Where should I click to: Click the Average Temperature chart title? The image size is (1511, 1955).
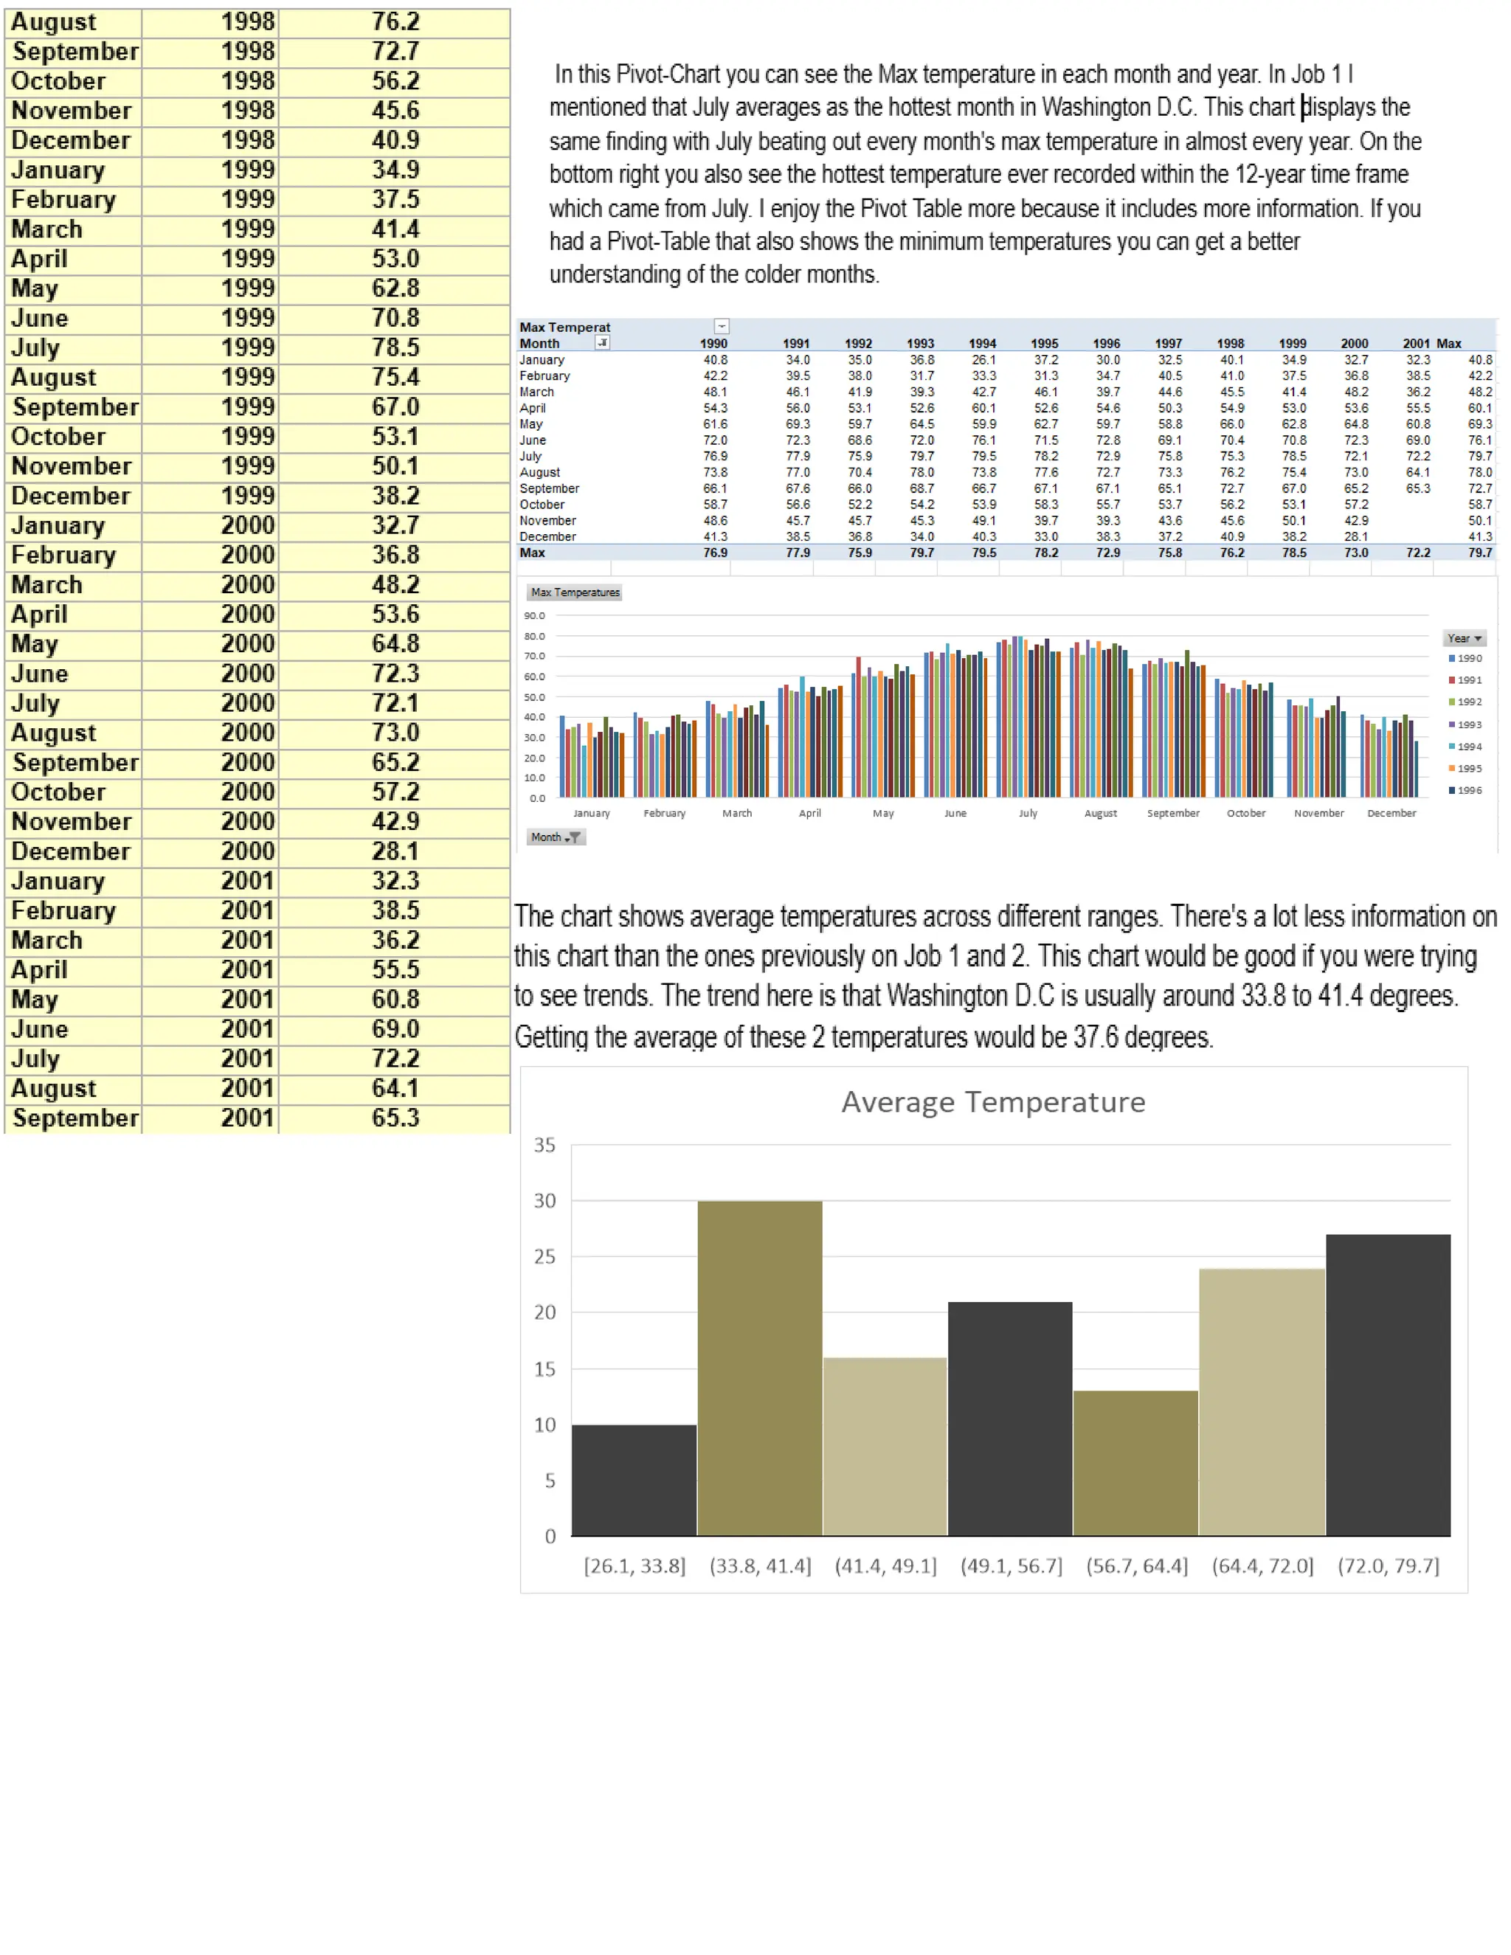[x=993, y=1102]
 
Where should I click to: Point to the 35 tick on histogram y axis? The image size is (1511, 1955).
[x=544, y=1145]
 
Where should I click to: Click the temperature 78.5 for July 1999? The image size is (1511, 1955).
[x=395, y=347]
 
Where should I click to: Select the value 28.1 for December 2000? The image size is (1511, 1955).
[x=395, y=851]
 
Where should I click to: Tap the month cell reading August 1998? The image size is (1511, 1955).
[x=54, y=21]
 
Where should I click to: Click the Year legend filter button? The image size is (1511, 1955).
[x=1465, y=638]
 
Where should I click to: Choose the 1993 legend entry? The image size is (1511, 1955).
[x=1465, y=724]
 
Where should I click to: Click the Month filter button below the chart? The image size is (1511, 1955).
[x=555, y=837]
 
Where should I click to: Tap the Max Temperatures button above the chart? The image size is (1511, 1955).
[x=575, y=592]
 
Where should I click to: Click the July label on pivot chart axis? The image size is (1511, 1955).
[x=1028, y=813]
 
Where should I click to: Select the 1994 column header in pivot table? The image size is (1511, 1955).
[x=982, y=344]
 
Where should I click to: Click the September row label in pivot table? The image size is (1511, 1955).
[x=549, y=488]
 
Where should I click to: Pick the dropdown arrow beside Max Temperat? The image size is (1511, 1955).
[x=722, y=327]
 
